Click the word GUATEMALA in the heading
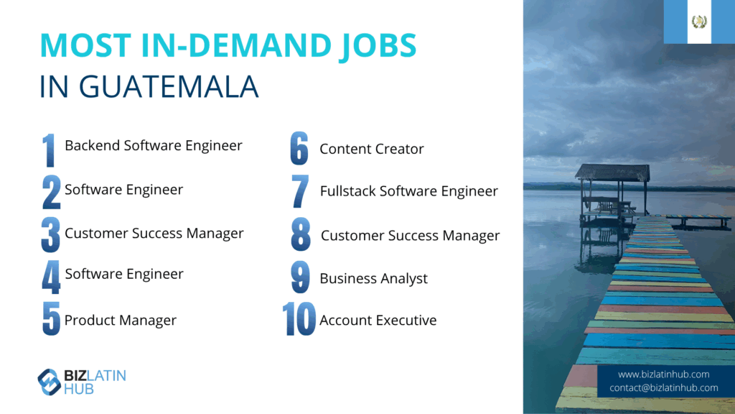(168, 86)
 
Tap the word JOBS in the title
(378, 46)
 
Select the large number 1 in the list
(49, 150)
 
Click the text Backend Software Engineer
(154, 145)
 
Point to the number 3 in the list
(51, 235)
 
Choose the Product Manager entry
(121, 320)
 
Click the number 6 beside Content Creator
(299, 148)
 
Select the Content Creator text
(372, 149)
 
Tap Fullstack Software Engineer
(408, 191)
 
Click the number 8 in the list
(301, 234)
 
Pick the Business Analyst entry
(373, 278)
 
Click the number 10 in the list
(299, 319)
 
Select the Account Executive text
(378, 320)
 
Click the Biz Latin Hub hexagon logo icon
(49, 382)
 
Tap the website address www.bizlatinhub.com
(663, 374)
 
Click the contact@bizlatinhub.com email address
(664, 387)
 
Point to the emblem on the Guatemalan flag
(699, 22)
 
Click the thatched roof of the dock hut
(612, 172)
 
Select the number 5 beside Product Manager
(51, 318)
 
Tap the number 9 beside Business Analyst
(300, 277)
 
